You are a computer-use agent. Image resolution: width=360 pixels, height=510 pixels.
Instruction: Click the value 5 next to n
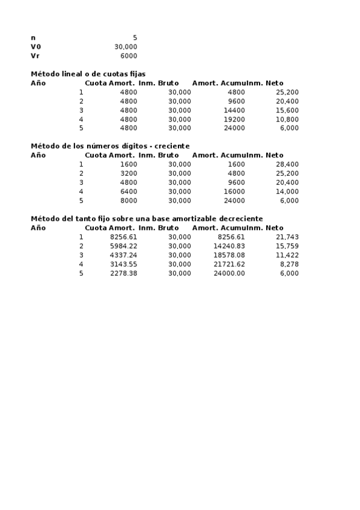click(135, 38)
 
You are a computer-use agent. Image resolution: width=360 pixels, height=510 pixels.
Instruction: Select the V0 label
click(35, 47)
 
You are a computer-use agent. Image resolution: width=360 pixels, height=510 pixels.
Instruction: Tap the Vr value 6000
click(129, 56)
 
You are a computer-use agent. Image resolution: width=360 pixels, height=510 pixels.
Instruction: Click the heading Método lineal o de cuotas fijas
click(88, 74)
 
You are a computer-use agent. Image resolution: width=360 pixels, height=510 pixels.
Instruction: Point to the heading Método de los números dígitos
click(110, 146)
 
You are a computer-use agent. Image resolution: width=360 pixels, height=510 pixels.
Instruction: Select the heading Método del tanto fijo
click(147, 218)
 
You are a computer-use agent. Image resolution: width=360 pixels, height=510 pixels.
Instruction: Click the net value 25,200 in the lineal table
click(287, 92)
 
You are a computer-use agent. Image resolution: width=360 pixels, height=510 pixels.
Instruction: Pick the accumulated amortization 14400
click(234, 110)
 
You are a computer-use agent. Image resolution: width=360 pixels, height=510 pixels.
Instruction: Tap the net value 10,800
click(287, 119)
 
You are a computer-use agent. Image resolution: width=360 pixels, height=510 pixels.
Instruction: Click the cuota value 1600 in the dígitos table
click(129, 164)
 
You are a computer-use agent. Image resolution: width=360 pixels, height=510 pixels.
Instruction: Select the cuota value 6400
click(129, 191)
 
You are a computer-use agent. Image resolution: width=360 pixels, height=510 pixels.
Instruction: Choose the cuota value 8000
click(129, 200)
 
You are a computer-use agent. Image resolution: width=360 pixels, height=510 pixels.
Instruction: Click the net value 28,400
click(287, 164)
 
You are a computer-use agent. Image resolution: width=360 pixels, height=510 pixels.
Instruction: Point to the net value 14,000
click(287, 191)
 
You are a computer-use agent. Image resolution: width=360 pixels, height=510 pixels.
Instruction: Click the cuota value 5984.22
click(124, 246)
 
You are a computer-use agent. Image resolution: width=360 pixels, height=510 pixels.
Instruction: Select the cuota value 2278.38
click(124, 273)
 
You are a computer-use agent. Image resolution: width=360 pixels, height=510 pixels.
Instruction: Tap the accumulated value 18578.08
click(230, 255)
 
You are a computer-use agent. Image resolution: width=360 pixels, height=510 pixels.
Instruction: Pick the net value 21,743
click(287, 237)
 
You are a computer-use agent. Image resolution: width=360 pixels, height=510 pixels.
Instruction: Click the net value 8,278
click(290, 264)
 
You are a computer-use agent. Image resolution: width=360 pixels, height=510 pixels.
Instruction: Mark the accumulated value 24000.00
click(230, 273)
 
